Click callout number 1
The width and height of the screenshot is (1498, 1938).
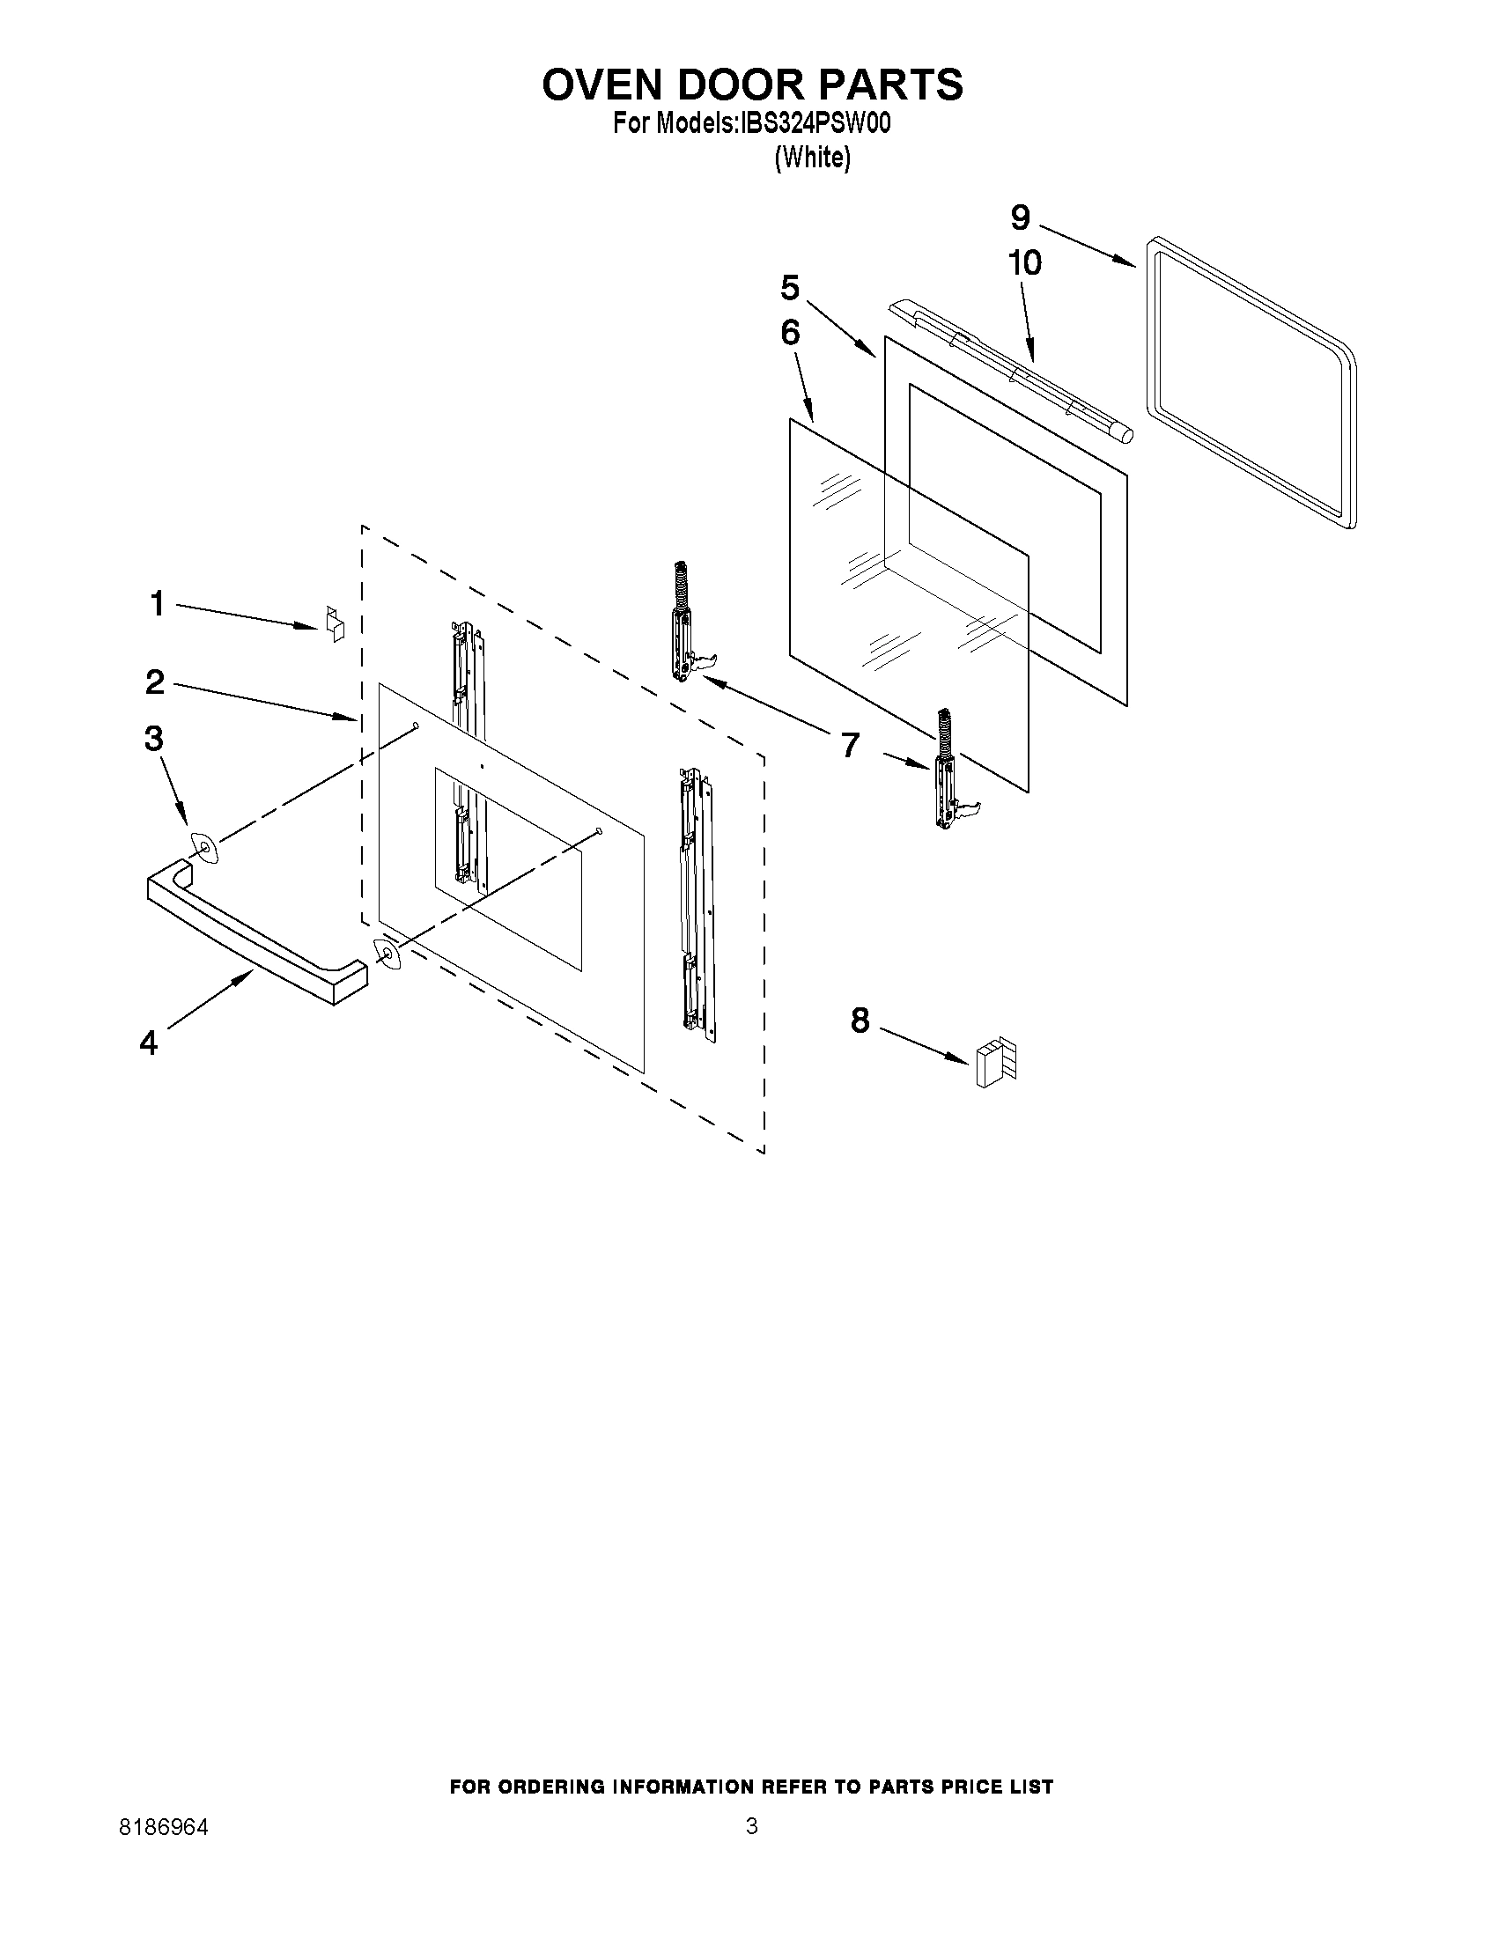(157, 604)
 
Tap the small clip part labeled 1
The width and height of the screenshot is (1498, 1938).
(334, 622)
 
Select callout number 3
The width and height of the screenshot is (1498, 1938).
(154, 738)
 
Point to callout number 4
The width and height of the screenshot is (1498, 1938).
(148, 1043)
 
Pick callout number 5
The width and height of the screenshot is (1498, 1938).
(790, 288)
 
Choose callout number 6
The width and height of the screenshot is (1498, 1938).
(790, 333)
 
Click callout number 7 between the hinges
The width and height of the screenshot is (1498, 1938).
(850, 745)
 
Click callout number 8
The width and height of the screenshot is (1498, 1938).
(860, 1021)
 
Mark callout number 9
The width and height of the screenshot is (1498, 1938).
(1020, 217)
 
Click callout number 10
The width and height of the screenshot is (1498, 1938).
(1024, 262)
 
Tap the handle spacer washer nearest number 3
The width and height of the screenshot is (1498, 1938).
(204, 847)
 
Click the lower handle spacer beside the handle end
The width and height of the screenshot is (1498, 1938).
(387, 953)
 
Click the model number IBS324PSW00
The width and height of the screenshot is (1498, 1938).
(810, 123)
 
